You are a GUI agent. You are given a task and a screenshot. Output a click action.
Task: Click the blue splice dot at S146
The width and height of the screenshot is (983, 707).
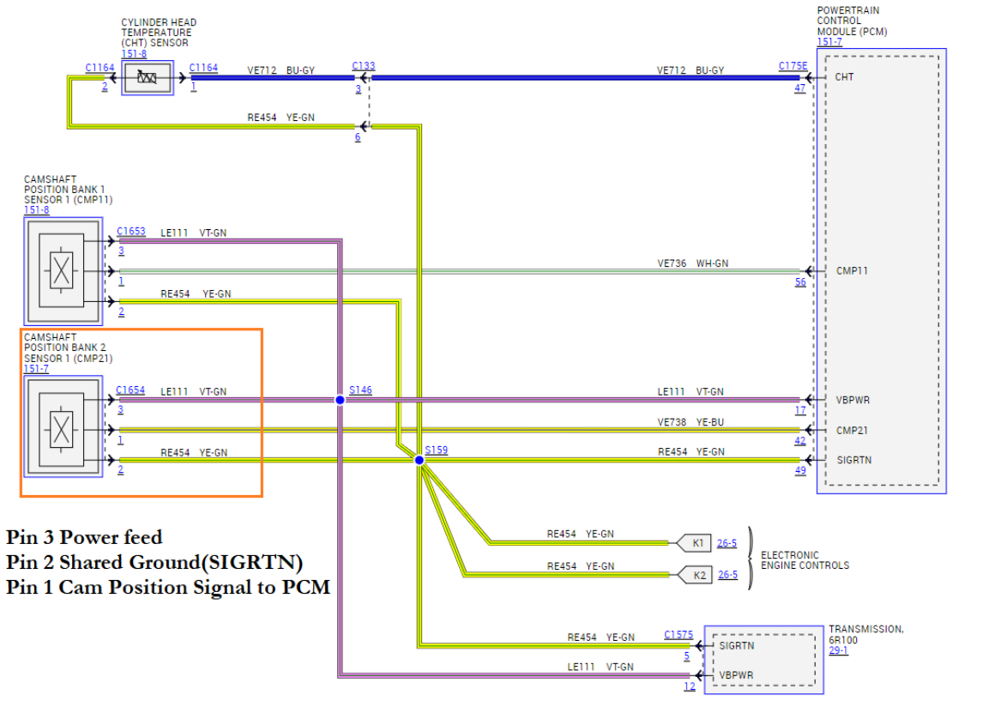(340, 401)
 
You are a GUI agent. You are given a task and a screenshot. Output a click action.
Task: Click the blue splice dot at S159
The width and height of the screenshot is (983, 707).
(419, 461)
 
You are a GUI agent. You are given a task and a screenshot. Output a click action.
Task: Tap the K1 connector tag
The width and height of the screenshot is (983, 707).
(696, 542)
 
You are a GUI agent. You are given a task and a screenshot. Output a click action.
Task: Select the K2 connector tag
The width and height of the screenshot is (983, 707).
(696, 574)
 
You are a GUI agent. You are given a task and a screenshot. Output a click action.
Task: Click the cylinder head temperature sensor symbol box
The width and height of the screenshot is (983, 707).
(148, 78)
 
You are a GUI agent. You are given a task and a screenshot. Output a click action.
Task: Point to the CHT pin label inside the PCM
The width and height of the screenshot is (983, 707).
(844, 77)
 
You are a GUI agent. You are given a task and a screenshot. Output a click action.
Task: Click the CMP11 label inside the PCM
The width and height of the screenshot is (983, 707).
(852, 271)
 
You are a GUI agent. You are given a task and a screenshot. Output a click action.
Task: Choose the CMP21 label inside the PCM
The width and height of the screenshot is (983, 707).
(852, 431)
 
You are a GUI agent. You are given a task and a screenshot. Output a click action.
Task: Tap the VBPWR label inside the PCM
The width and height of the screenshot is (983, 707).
(853, 400)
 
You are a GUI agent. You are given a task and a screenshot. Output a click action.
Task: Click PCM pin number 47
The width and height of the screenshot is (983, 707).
(799, 88)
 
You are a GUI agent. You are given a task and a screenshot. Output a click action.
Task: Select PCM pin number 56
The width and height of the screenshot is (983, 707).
(799, 282)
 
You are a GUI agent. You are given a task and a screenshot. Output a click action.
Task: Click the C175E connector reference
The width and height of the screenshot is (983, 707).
(793, 66)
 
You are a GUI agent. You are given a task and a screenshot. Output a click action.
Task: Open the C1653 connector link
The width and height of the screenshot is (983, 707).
(130, 232)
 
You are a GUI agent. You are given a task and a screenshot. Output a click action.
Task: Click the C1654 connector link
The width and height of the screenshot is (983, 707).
(130, 390)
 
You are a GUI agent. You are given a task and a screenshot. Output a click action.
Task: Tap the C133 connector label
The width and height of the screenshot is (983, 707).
(364, 66)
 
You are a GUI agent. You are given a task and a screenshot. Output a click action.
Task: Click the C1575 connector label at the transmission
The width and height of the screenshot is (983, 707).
(678, 635)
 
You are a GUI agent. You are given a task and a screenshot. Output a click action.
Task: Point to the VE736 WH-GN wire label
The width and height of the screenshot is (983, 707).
(692, 263)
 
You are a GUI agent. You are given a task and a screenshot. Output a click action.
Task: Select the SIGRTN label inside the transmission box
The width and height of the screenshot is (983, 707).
(737, 645)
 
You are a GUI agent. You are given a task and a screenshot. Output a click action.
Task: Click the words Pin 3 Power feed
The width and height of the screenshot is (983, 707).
(84, 538)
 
